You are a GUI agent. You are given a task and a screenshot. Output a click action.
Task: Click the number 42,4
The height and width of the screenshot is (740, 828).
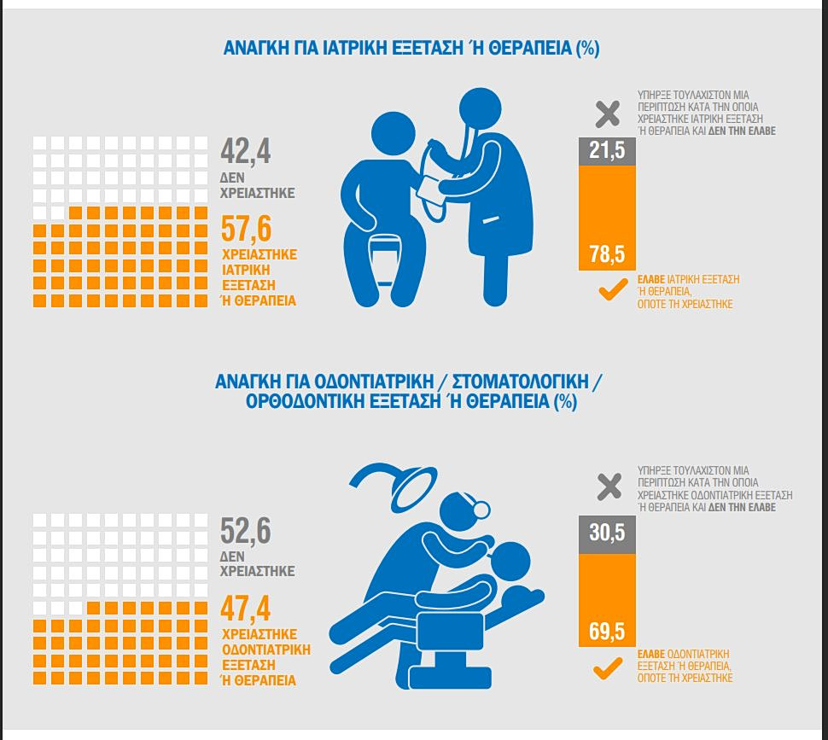pyautogui.click(x=246, y=151)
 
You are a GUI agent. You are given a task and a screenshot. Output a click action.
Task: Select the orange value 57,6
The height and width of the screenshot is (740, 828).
pyautogui.click(x=246, y=230)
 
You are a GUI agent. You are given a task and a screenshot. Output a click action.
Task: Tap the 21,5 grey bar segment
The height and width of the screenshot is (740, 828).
pyautogui.click(x=607, y=150)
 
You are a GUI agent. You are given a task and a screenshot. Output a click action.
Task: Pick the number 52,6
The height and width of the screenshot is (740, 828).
pyautogui.click(x=246, y=530)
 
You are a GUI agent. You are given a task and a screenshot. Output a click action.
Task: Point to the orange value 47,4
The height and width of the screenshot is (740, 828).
pyautogui.click(x=246, y=609)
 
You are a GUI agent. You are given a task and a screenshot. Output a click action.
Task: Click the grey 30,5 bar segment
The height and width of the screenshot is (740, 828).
pyautogui.click(x=607, y=533)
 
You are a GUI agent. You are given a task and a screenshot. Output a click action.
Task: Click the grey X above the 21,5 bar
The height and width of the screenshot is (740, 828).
pyautogui.click(x=608, y=113)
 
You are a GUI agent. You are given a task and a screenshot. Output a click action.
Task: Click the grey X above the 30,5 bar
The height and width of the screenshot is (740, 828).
pyautogui.click(x=609, y=487)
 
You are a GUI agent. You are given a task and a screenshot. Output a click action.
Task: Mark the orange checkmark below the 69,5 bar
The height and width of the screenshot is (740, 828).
pyautogui.click(x=609, y=668)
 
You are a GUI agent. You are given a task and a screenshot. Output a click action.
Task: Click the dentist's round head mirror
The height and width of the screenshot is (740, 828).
pyautogui.click(x=481, y=510)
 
